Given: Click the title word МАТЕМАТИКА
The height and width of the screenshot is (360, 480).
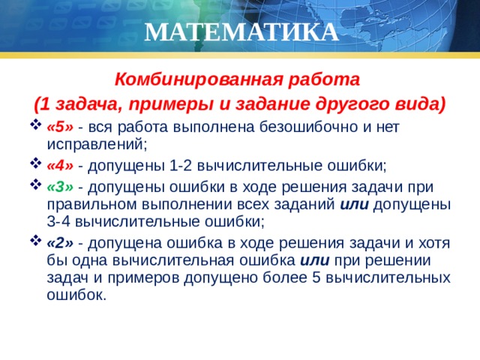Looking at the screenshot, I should click(240, 32).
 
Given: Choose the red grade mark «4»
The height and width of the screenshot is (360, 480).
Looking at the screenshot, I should click(59, 165).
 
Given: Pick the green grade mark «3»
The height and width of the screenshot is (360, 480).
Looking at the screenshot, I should click(59, 187).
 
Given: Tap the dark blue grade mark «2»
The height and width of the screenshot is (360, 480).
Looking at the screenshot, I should click(59, 242).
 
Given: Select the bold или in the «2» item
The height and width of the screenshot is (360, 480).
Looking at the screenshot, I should click(314, 259).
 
